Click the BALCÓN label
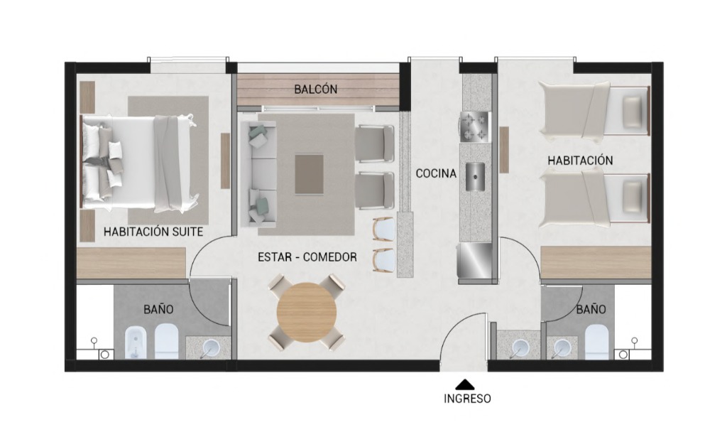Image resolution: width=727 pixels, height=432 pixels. point(316,89)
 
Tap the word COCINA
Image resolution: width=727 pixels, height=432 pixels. point(436,173)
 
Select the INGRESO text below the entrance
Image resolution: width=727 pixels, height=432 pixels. point(467,399)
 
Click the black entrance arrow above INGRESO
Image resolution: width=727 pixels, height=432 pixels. point(464,384)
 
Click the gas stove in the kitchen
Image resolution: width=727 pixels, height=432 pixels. point(474,126)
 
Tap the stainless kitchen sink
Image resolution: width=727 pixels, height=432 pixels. point(475,176)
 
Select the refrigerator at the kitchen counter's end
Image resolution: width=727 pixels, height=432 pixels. point(474,261)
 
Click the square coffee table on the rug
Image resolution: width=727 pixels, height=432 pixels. point(310,174)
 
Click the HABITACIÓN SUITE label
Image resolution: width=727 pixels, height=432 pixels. point(153,232)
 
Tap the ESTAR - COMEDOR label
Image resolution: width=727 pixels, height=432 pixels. point(307,256)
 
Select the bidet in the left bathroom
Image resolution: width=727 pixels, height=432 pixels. point(136,342)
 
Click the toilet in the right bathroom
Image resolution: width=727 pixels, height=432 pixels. point(596,342)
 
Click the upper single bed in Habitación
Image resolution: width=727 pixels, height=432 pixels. point(595,111)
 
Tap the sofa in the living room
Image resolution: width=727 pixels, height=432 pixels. point(258,174)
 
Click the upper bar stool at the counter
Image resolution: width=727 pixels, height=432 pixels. point(383,229)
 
